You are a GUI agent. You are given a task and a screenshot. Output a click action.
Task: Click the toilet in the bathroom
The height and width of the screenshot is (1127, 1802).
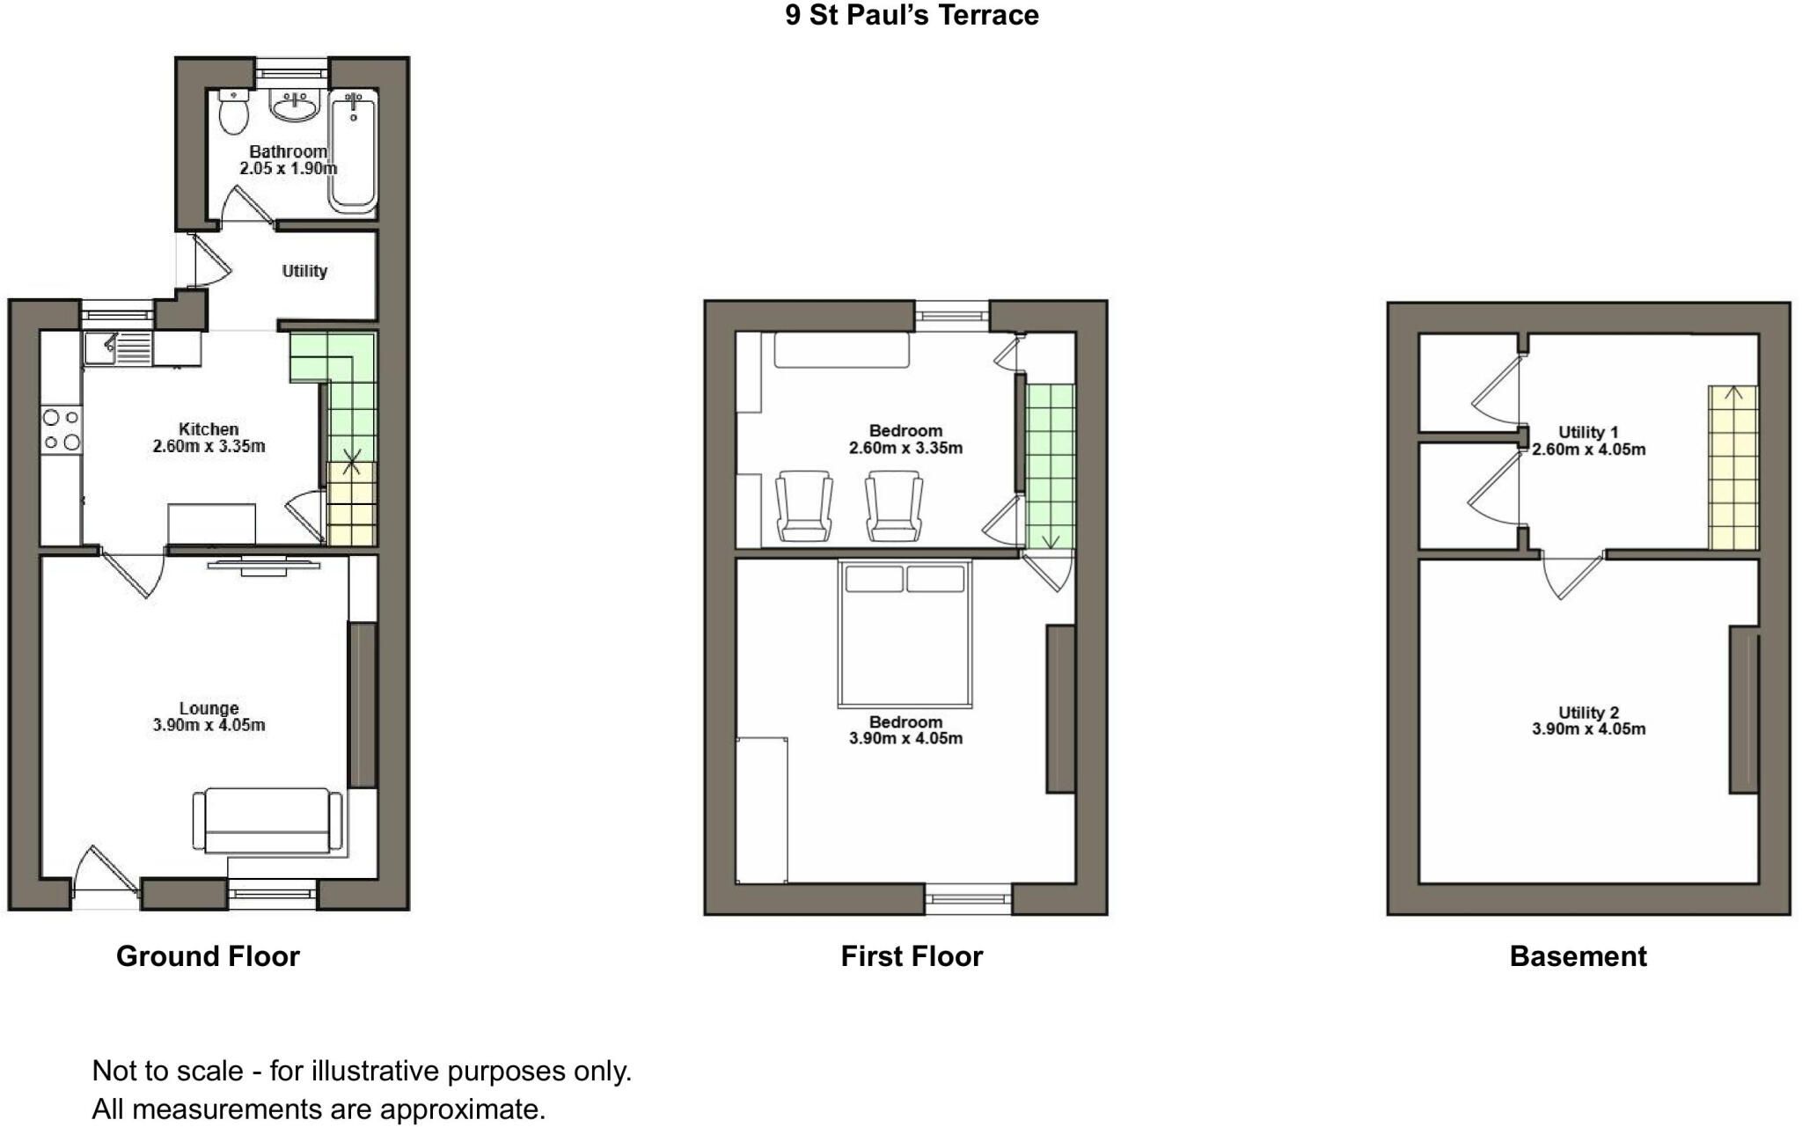(x=233, y=113)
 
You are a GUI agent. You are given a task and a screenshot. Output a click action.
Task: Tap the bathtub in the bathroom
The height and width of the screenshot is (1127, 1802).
(x=353, y=151)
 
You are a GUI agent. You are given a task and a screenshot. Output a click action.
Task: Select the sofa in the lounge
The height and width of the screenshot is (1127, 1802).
(x=267, y=821)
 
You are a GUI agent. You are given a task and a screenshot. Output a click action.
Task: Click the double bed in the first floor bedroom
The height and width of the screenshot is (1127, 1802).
(x=905, y=633)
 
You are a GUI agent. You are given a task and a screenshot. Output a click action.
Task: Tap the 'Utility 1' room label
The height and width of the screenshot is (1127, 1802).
(x=1588, y=432)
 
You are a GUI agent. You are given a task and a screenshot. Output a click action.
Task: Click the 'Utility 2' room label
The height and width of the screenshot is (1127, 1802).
(x=1588, y=713)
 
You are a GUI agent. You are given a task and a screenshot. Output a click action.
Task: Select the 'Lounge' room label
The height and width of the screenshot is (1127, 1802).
(x=209, y=708)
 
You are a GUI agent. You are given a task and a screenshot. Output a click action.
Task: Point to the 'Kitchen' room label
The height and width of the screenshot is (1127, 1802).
(x=209, y=429)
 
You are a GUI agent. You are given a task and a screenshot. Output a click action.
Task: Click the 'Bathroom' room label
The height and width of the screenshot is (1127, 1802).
(x=288, y=151)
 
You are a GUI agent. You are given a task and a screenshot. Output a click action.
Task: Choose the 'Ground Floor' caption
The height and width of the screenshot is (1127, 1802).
(x=208, y=956)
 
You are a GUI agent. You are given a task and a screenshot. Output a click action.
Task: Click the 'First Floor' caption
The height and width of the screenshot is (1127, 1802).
(x=912, y=956)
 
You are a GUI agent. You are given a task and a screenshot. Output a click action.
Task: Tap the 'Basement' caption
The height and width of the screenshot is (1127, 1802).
(x=1578, y=956)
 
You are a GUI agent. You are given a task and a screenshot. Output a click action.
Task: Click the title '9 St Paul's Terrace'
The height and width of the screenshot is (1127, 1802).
(x=912, y=15)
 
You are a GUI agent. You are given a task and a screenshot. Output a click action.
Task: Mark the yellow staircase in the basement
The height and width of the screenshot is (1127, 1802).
(x=1732, y=468)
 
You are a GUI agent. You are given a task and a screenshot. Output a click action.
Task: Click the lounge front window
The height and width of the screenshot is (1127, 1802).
(x=272, y=893)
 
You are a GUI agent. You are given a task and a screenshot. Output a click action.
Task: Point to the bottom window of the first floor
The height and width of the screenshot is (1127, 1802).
(x=968, y=898)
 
